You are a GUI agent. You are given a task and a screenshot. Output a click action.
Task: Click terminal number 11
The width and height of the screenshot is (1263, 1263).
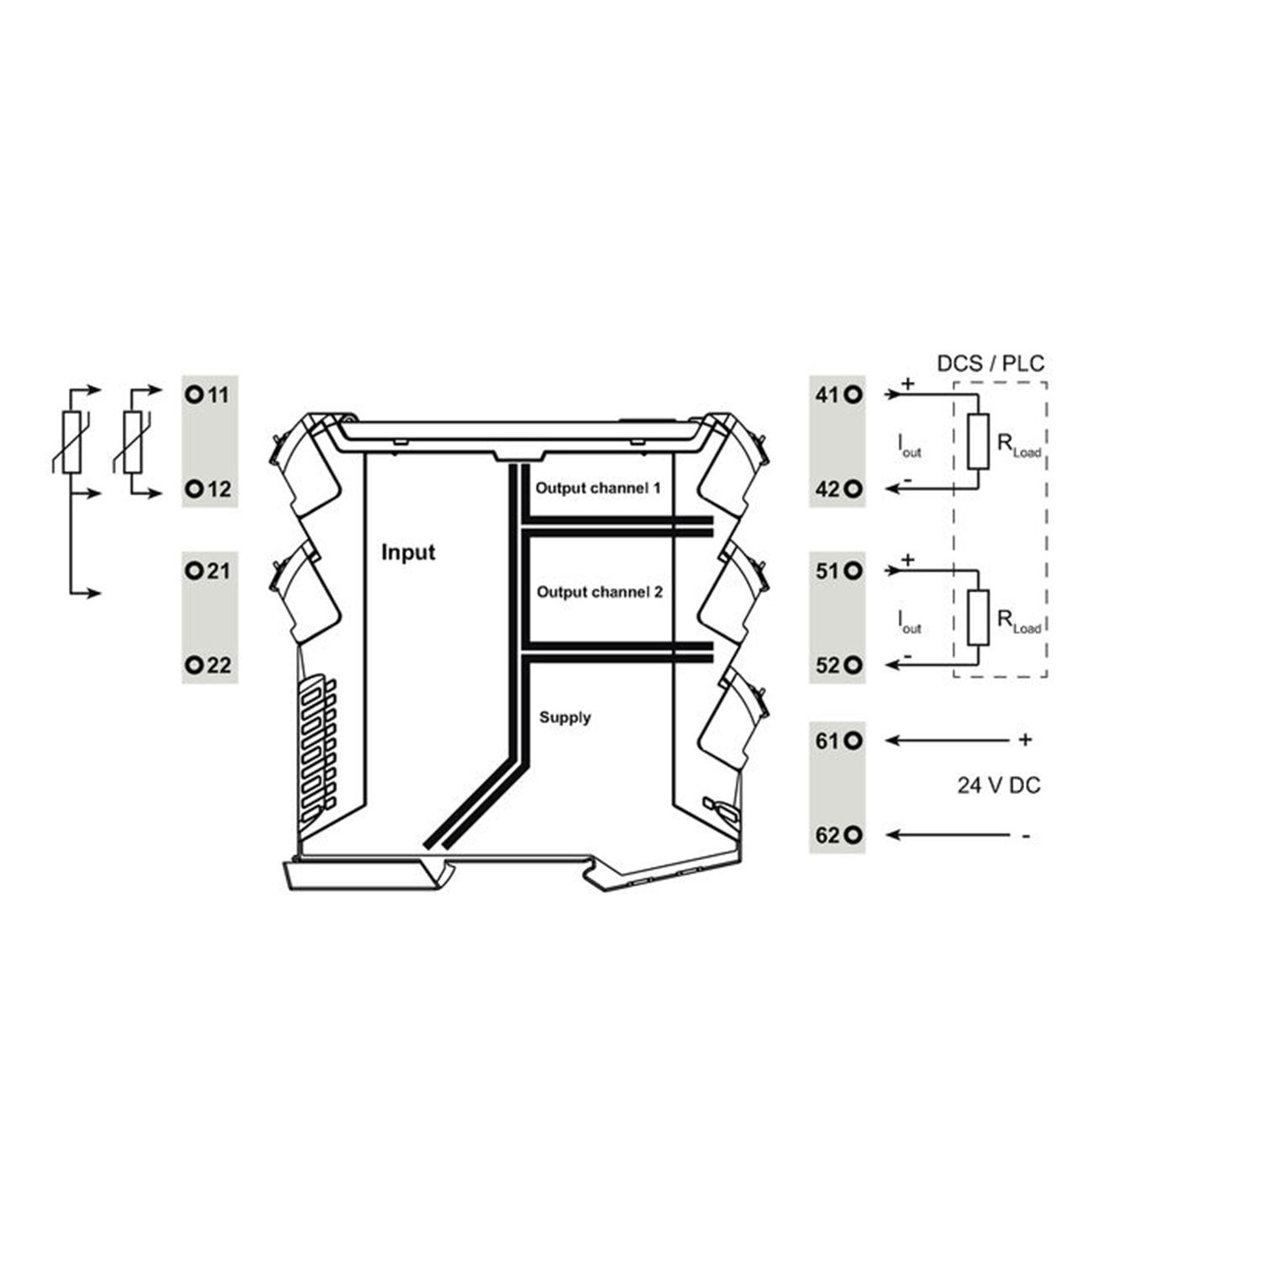click(x=218, y=394)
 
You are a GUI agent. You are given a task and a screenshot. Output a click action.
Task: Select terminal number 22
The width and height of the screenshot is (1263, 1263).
click(x=218, y=665)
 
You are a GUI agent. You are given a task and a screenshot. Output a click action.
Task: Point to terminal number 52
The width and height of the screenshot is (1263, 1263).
click(x=827, y=665)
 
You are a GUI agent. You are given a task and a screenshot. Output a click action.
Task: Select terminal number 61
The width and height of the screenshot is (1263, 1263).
click(x=827, y=740)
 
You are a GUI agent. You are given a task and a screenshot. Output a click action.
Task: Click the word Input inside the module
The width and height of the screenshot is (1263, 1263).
click(x=408, y=552)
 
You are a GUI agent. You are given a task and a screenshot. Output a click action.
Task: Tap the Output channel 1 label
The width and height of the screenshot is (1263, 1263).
click(x=598, y=488)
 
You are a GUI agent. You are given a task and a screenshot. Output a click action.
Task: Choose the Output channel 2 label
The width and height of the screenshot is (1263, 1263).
click(x=600, y=592)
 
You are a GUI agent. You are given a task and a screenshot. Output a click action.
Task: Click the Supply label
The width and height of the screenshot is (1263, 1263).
click(x=565, y=717)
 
